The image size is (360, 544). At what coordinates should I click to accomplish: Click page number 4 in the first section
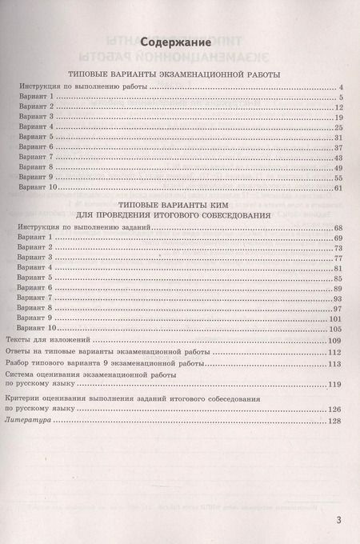click(x=342, y=86)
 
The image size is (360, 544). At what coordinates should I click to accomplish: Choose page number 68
click(x=338, y=228)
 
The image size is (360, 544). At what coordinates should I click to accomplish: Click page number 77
click(x=338, y=258)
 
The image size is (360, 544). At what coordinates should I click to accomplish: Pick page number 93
click(x=338, y=298)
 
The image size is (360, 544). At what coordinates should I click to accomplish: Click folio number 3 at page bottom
click(x=339, y=522)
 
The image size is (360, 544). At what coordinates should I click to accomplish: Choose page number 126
click(x=336, y=410)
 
